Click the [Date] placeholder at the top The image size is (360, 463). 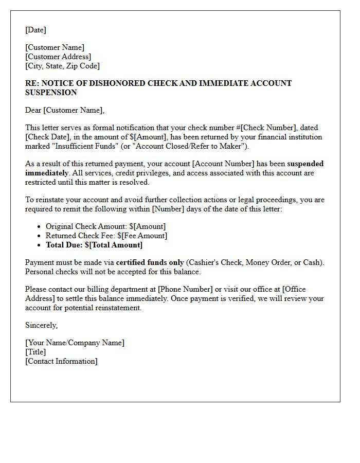tap(35, 30)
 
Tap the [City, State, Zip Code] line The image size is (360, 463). tap(62, 66)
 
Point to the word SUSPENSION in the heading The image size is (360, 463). tap(51, 93)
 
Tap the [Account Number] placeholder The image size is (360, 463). tap(223, 164)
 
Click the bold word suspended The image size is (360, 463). tap(305, 164)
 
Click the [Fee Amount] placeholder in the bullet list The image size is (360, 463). tap(145, 236)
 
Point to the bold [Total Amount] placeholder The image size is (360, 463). tap(117, 245)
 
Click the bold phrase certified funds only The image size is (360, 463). tap(150, 262)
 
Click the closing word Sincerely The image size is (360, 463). tap(41, 325)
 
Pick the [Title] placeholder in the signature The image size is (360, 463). tap(35, 352)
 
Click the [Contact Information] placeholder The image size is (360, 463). tap(61, 361)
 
